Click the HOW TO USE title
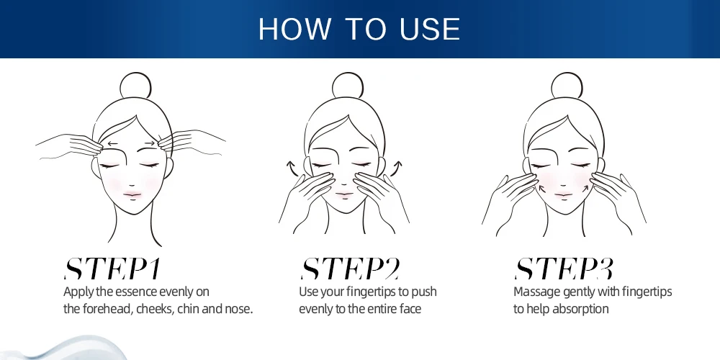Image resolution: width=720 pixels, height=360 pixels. pos(359,29)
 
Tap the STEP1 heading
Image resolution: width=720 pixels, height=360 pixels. pos(112,269)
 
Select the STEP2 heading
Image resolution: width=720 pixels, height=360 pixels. pos(350,269)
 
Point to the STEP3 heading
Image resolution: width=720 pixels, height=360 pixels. pos(564,269)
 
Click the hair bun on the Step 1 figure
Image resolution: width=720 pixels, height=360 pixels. pos(135,86)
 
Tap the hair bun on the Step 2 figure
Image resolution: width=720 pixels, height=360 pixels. pos(348,86)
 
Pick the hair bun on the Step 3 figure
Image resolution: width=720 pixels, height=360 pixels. pos(567,86)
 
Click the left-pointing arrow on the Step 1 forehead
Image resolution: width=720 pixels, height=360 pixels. pos(112,144)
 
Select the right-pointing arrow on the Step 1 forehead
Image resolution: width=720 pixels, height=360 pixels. pos(150,143)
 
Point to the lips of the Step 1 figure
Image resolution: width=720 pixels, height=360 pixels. pos(132,194)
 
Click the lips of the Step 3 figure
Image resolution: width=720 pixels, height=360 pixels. pos(563,194)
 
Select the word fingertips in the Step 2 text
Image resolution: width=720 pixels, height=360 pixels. pos(372,292)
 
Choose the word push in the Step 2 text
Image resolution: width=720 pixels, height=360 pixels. pos(424,292)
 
